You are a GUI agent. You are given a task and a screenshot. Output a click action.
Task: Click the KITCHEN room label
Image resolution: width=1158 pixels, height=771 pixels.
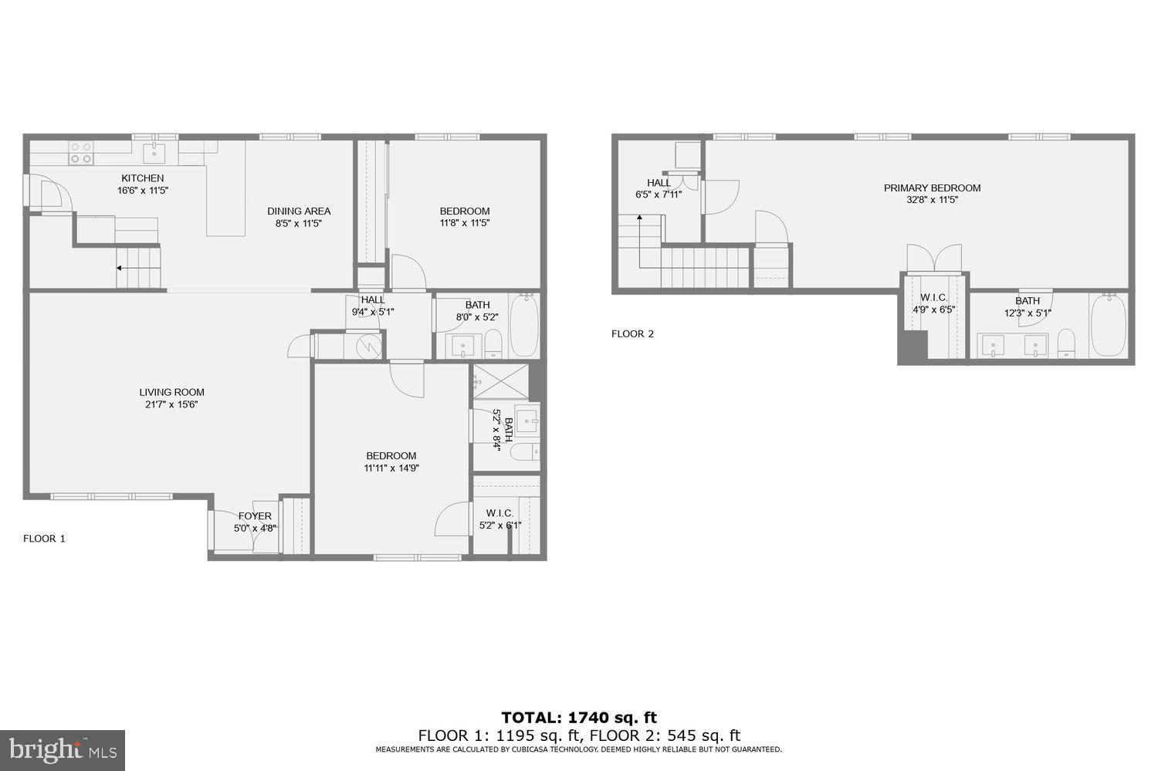pyautogui.click(x=142, y=178)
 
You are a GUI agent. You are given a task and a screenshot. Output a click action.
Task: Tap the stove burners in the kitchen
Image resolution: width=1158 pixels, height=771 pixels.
pyautogui.click(x=81, y=153)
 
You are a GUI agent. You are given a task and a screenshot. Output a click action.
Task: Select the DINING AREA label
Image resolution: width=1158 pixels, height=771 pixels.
pyautogui.click(x=299, y=211)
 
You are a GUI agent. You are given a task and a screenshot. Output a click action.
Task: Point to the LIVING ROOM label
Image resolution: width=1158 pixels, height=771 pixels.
pyautogui.click(x=171, y=392)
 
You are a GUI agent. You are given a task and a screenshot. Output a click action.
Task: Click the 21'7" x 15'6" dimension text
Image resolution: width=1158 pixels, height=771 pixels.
pyautogui.click(x=171, y=404)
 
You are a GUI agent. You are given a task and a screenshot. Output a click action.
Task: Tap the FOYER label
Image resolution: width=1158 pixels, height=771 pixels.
pyautogui.click(x=255, y=516)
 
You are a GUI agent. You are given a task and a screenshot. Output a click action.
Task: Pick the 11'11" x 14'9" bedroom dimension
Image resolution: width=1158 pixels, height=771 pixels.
pyautogui.click(x=391, y=468)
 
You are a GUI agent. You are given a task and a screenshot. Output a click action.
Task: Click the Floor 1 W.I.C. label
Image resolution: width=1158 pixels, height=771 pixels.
pyautogui.click(x=499, y=513)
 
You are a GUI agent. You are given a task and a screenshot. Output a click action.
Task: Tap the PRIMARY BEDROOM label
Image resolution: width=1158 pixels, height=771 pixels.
pyautogui.click(x=932, y=188)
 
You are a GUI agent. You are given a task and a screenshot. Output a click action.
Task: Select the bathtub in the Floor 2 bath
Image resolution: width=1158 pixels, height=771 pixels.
pyautogui.click(x=1108, y=324)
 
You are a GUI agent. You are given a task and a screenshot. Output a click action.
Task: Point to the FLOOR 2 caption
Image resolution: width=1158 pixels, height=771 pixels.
pyautogui.click(x=632, y=334)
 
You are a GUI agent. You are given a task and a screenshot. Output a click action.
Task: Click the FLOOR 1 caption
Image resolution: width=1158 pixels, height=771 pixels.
pyautogui.click(x=44, y=539)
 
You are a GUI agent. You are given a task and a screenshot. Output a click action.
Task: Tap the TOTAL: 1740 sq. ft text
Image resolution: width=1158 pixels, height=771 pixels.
pyautogui.click(x=579, y=718)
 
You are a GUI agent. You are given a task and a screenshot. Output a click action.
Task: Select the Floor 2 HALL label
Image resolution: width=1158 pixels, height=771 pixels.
pyautogui.click(x=659, y=183)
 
